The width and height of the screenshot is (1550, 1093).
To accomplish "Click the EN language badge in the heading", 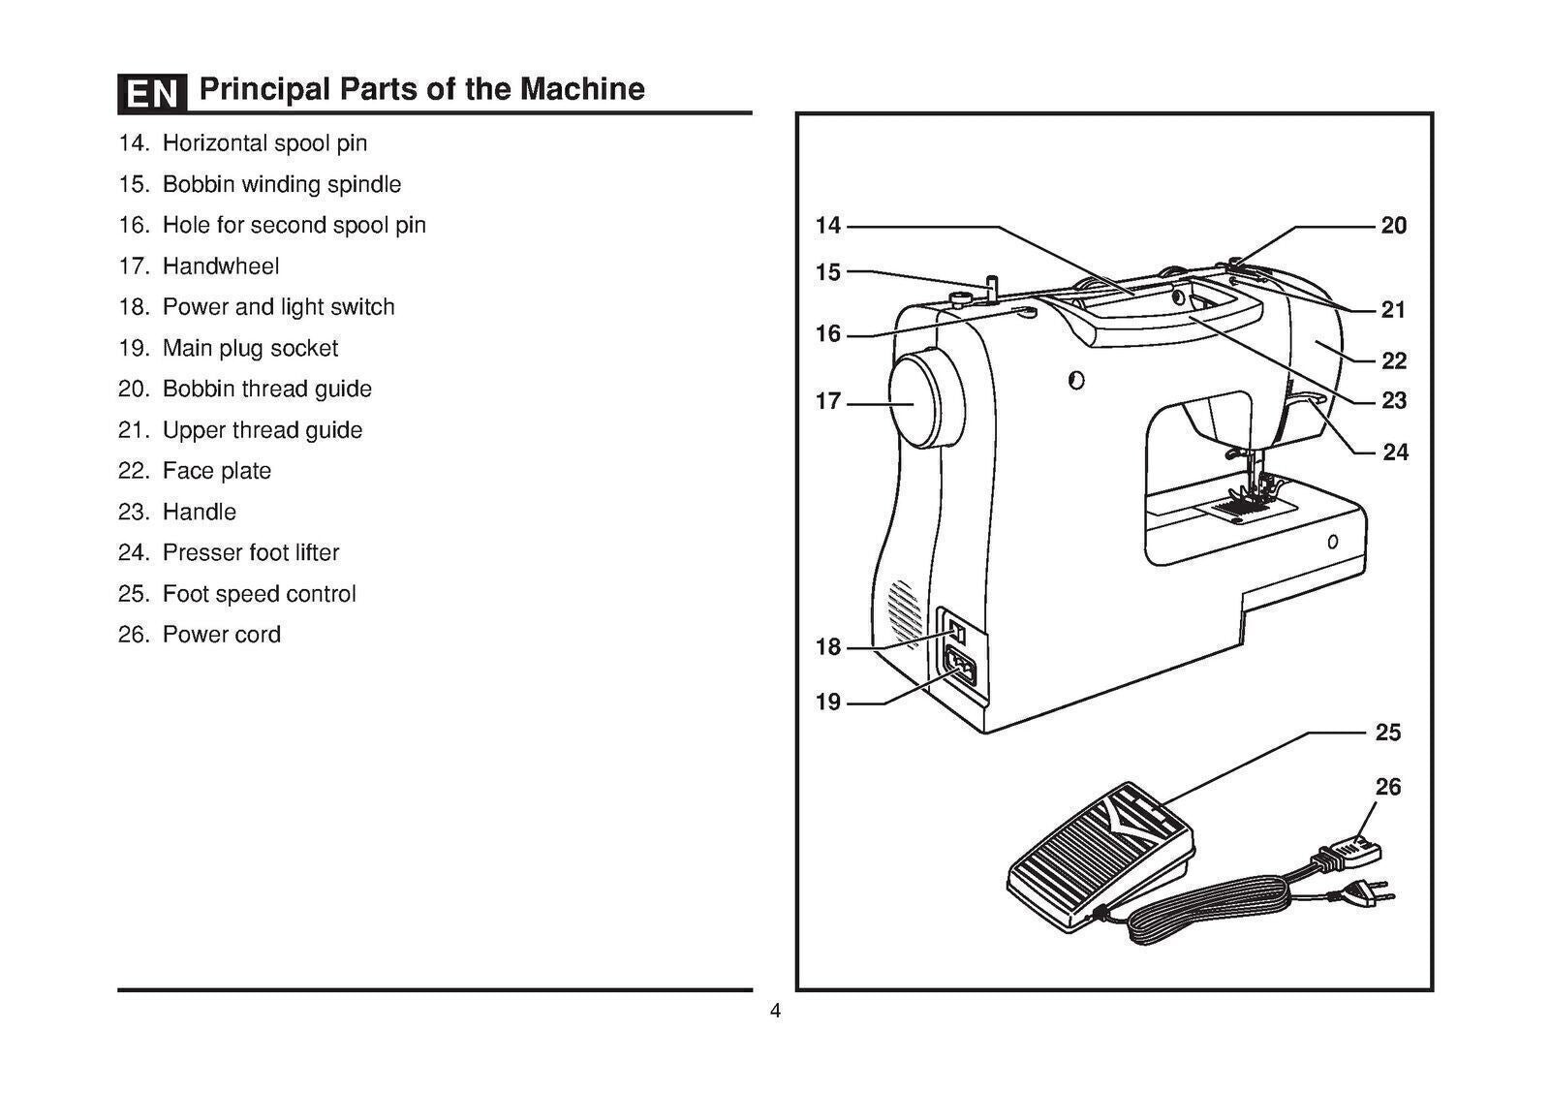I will (x=152, y=93).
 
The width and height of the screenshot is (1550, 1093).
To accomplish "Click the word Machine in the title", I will (x=582, y=89).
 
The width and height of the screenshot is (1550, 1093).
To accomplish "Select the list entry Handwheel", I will (x=221, y=265).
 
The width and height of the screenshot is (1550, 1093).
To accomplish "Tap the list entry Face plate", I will (x=217, y=471).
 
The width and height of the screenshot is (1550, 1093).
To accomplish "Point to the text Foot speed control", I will (x=259, y=594).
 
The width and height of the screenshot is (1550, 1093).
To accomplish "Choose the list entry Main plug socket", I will (x=250, y=348).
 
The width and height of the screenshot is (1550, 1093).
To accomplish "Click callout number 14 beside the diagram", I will (x=828, y=226).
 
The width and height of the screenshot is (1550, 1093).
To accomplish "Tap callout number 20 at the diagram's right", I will (x=1393, y=226).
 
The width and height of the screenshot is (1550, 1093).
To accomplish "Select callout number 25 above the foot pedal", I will (x=1388, y=733).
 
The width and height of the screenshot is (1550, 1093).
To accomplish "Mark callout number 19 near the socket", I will (x=828, y=703).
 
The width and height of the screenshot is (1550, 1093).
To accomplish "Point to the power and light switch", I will (x=957, y=632).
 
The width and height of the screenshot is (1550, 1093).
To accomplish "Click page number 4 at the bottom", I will (x=775, y=1012).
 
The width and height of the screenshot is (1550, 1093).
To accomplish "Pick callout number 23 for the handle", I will (x=1393, y=401).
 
